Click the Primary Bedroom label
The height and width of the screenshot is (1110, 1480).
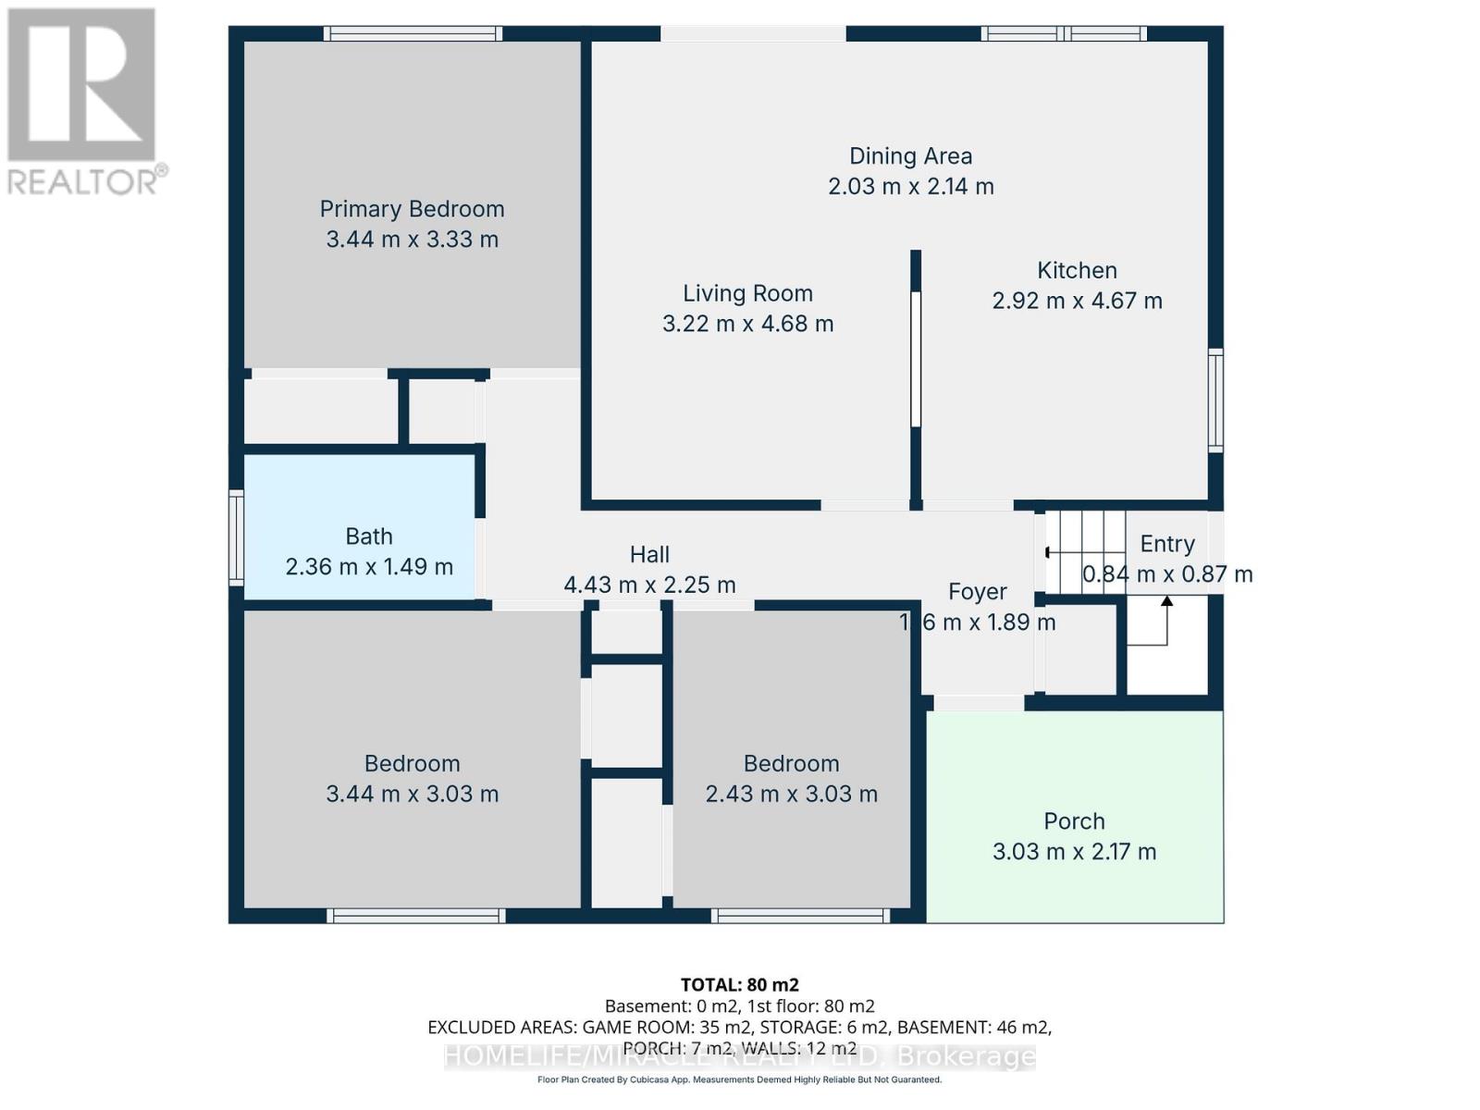[x=412, y=209]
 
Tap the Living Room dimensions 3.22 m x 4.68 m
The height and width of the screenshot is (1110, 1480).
[x=747, y=324]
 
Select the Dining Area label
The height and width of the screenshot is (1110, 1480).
[x=910, y=156]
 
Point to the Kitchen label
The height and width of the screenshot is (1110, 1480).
[x=1077, y=270]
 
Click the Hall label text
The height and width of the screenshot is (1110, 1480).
[x=649, y=554]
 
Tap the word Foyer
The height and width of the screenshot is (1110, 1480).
[x=977, y=592]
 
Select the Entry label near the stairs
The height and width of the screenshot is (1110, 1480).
[x=1166, y=544]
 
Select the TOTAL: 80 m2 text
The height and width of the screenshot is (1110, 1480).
[x=739, y=984]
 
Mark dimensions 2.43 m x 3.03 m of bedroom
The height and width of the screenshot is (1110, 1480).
[x=791, y=794]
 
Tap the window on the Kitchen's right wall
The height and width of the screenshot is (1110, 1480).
[x=1215, y=401]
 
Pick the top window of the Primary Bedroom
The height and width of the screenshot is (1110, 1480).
[x=413, y=33]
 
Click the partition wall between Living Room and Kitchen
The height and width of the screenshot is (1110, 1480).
[x=915, y=361]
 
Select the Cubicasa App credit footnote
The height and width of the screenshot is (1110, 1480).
[x=739, y=1079]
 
